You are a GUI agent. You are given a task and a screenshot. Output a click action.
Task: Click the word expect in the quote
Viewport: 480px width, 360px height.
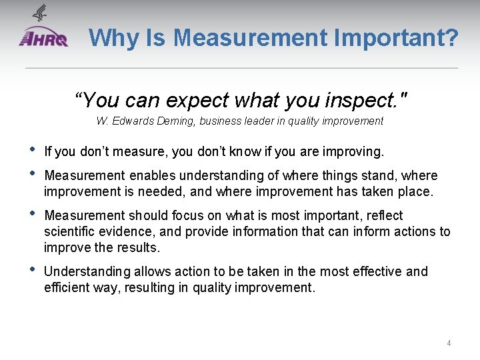pos(199,100)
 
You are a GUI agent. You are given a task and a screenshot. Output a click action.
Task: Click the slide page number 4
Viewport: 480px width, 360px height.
pos(449,343)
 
